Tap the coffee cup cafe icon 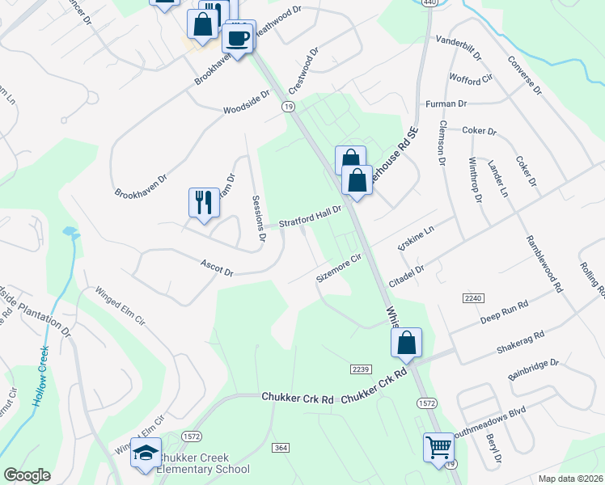coord(238,36)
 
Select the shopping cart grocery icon coord(438,445)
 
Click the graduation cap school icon coord(146,453)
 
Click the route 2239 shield coord(361,369)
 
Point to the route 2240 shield coord(472,298)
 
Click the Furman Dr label coord(446,103)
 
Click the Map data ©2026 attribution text coord(570,479)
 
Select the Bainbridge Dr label coord(534,369)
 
